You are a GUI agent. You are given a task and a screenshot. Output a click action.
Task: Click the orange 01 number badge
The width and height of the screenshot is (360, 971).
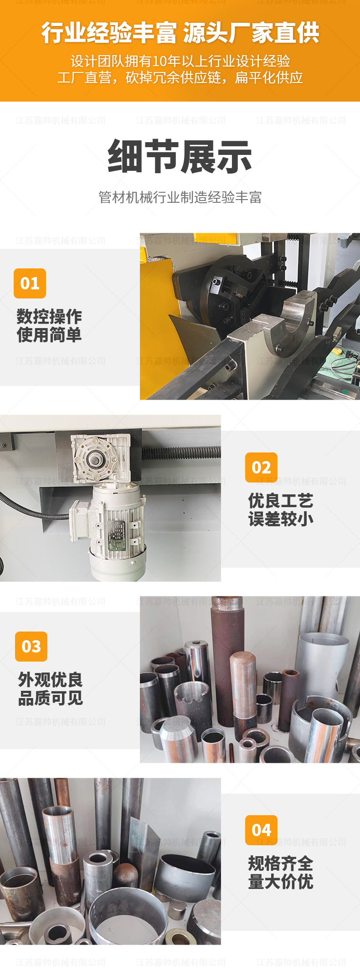pyautogui.click(x=30, y=283)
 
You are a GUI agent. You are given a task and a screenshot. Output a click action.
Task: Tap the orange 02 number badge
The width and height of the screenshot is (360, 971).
pyautogui.click(x=261, y=468)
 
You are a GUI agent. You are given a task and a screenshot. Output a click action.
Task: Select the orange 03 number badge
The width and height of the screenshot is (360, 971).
pyautogui.click(x=31, y=647)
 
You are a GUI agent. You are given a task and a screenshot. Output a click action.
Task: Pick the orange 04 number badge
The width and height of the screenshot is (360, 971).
pyautogui.click(x=261, y=830)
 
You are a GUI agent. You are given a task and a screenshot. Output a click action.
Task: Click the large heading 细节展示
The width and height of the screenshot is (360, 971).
pyautogui.click(x=180, y=157)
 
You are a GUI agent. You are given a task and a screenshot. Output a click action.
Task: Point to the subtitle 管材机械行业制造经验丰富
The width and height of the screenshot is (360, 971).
pyautogui.click(x=180, y=197)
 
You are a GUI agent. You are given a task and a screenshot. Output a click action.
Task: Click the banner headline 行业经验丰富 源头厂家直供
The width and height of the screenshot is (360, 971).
pyautogui.click(x=180, y=33)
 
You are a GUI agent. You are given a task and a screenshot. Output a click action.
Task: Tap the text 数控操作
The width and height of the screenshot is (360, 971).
pyautogui.click(x=49, y=317)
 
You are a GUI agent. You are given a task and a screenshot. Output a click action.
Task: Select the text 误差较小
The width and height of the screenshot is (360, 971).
pyautogui.click(x=281, y=519)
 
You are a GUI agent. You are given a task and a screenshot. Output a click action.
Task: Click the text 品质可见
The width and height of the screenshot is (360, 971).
pyautogui.click(x=50, y=698)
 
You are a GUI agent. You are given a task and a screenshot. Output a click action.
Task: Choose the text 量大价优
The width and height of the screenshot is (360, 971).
pyautogui.click(x=281, y=882)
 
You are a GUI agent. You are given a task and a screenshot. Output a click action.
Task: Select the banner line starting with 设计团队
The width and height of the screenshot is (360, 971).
pyautogui.click(x=180, y=61)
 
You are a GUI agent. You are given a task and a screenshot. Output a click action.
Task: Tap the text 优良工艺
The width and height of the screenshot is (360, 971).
pyautogui.click(x=281, y=501)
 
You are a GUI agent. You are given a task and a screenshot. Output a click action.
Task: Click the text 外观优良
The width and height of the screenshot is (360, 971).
pyautogui.click(x=50, y=680)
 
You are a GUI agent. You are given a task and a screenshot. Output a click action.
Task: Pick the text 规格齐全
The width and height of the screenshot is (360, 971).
pyautogui.click(x=281, y=863)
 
